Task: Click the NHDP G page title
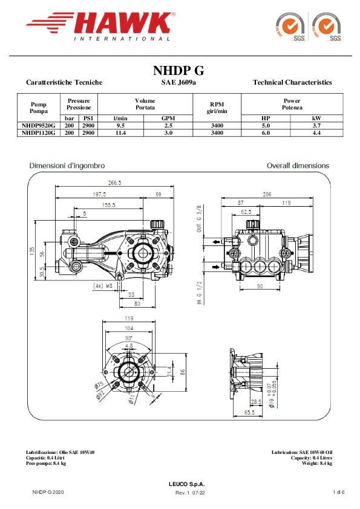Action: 178,71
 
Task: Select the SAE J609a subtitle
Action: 178,82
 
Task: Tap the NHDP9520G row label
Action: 38,126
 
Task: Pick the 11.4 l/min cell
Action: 120,133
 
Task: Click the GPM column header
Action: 168,118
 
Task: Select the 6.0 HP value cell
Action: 266,133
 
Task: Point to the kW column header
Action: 316,118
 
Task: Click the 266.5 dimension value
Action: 115,183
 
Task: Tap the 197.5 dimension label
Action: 99,195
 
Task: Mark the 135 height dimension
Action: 32,251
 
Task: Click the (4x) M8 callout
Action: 103,286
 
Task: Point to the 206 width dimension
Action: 267,195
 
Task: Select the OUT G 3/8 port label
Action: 199,218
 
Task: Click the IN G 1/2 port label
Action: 199,293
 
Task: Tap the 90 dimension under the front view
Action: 260,287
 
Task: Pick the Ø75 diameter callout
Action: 99,385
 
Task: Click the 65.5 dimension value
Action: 249,413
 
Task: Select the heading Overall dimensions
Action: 298,166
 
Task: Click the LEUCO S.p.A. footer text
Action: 187,484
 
